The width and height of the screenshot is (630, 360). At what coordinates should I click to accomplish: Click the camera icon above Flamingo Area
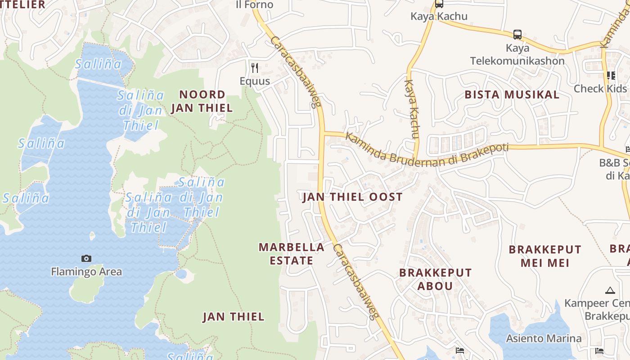pyautogui.click(x=86, y=258)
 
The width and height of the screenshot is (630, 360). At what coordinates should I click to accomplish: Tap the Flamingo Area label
pyautogui.click(x=86, y=271)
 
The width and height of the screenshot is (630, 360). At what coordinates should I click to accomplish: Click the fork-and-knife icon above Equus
pyautogui.click(x=255, y=68)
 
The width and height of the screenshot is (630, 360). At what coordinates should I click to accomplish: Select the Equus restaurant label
pyautogui.click(x=255, y=81)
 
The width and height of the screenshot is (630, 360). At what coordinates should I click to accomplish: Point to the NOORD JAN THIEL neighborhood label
pyautogui.click(x=202, y=101)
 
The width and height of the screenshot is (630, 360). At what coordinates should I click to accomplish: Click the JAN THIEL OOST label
pyautogui.click(x=352, y=197)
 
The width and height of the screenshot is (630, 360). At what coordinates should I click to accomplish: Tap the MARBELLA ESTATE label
pyautogui.click(x=292, y=253)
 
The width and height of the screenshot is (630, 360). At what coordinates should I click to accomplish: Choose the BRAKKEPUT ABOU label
pyautogui.click(x=436, y=279)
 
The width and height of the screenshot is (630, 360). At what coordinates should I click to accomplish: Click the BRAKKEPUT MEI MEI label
pyautogui.click(x=545, y=256)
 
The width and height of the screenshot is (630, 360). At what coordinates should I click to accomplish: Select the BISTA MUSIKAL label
pyautogui.click(x=512, y=94)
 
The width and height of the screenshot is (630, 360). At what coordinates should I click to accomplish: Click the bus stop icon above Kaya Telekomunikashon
pyautogui.click(x=517, y=34)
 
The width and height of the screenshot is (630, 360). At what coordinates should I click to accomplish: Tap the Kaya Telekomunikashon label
pyautogui.click(x=517, y=54)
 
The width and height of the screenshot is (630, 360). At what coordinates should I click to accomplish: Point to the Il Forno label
pyautogui.click(x=255, y=4)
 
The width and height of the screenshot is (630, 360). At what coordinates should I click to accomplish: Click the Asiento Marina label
pyautogui.click(x=544, y=338)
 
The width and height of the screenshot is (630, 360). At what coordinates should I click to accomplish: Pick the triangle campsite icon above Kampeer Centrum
pyautogui.click(x=610, y=290)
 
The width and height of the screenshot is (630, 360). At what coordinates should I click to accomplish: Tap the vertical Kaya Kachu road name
pyautogui.click(x=412, y=109)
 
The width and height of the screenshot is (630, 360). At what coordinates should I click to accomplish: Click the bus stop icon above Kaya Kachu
pyautogui.click(x=439, y=4)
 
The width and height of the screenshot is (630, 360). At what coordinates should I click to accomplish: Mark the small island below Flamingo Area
pyautogui.click(x=88, y=290)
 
